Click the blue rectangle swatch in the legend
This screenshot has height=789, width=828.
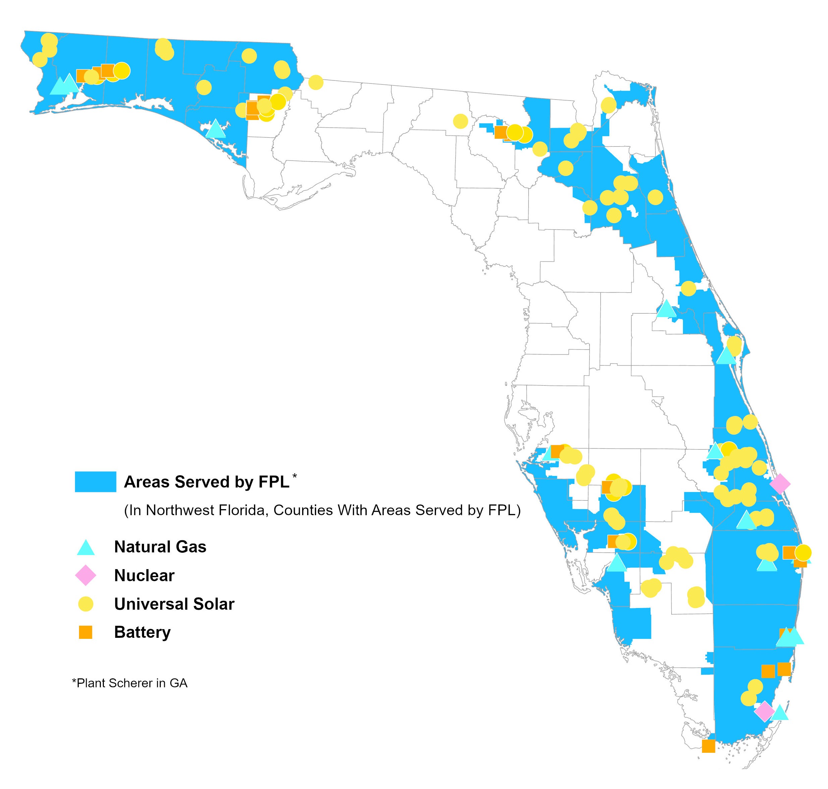pos(95,482)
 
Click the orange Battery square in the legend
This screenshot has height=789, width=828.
pos(86,632)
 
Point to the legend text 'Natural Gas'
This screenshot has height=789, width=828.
pos(160,547)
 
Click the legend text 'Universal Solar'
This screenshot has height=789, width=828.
pos(174,604)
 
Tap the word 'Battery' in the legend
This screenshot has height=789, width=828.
pos(142,632)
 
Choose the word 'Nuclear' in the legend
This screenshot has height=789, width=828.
pos(144,575)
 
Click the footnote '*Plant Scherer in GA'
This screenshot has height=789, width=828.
pos(130,683)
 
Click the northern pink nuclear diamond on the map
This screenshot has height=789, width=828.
pos(780,484)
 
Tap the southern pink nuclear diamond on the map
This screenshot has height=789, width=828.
pos(764,711)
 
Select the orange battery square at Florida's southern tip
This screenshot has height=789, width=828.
pos(709,746)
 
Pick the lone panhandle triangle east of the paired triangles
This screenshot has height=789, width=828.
pos(216,129)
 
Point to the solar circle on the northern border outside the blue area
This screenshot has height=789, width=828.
pos(316,82)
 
